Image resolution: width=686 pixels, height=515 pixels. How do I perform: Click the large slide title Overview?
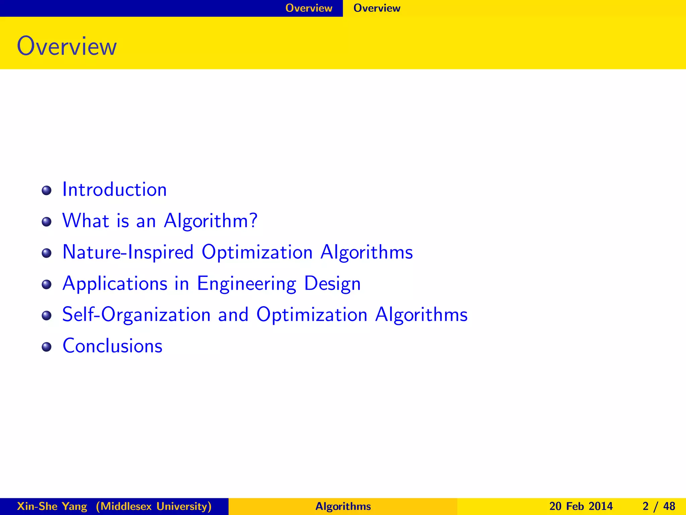tap(67, 46)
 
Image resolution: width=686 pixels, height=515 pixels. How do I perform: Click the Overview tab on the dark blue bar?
tap(308, 8)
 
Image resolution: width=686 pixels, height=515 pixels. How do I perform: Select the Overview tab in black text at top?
tap(377, 8)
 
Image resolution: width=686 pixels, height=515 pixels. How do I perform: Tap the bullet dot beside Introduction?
tap(47, 191)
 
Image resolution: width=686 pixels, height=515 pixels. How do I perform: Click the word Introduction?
tap(115, 189)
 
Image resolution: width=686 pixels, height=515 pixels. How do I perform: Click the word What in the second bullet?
tap(86, 221)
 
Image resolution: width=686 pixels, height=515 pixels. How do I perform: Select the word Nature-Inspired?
tap(128, 252)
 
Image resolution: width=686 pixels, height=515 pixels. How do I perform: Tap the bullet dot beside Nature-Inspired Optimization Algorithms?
tap(47, 253)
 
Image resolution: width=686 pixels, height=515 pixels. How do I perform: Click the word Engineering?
tap(247, 284)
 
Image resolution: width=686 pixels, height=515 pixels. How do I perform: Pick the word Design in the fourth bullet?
tap(332, 284)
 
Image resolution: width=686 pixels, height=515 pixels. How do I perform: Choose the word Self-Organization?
tap(136, 315)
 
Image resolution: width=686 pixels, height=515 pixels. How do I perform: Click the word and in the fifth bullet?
tap(233, 315)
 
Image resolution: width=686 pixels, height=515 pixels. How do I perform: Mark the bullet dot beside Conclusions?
tap(47, 347)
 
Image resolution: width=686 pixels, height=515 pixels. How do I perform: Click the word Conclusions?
tap(113, 346)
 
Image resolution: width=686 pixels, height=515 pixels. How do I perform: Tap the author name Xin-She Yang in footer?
tap(52, 506)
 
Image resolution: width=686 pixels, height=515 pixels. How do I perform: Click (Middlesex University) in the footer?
tap(154, 506)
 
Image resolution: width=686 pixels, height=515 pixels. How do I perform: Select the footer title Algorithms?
tap(343, 506)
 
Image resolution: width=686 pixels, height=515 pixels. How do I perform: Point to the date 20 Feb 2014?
tap(581, 506)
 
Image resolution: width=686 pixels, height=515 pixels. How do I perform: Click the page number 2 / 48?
tap(659, 506)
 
